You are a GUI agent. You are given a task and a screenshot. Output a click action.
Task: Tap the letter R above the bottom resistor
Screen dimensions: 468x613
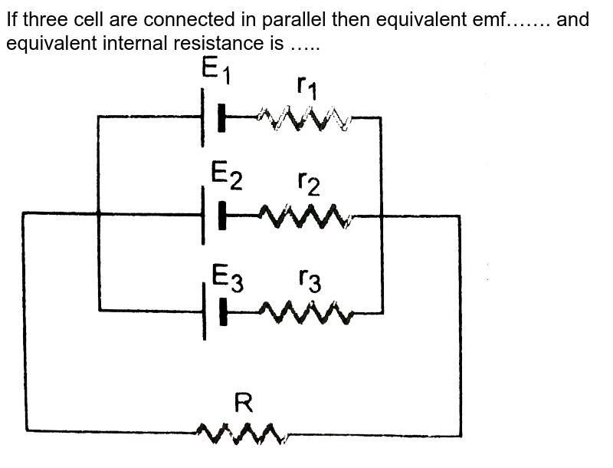243,402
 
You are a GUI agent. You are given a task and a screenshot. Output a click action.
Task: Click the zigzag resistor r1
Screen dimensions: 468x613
304,119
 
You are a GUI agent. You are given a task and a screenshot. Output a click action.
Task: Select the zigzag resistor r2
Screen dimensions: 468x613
306,216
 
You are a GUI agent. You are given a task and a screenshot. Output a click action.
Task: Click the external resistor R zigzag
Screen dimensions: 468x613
242,434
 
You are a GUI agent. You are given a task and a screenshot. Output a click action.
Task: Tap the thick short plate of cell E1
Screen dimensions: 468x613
222,118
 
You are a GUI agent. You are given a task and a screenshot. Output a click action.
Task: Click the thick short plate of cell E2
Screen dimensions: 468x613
222,216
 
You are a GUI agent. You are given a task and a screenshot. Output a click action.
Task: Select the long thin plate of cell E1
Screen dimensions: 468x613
203,117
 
